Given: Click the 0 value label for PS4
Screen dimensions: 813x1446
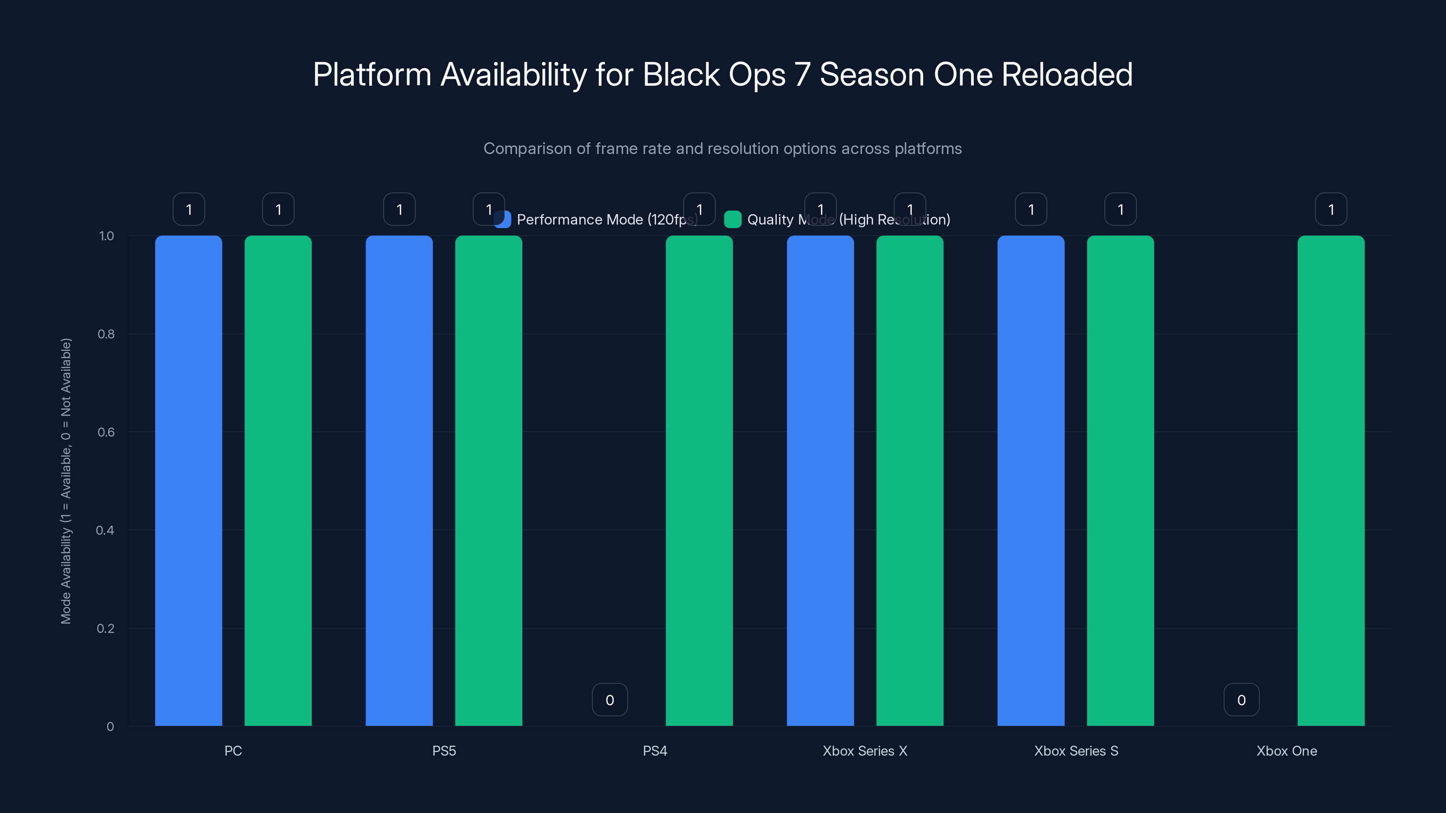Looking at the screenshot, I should [x=610, y=700].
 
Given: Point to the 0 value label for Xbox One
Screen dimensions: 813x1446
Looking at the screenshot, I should [x=1241, y=700].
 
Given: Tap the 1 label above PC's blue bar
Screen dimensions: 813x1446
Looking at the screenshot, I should [x=188, y=209].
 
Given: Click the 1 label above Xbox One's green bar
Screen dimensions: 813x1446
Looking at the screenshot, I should [x=1331, y=209].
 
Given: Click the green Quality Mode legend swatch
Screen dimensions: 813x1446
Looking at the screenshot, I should [x=732, y=220].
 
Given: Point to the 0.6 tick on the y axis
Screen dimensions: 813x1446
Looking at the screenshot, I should [x=106, y=432].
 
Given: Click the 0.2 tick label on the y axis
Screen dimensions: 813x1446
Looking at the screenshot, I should [x=106, y=628].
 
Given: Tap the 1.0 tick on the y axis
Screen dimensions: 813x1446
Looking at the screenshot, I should [x=106, y=236].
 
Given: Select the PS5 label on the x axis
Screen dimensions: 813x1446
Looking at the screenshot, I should [x=444, y=751].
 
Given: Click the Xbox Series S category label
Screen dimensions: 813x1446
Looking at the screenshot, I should [x=1076, y=751].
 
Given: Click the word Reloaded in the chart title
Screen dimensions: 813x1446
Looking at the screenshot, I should [x=1066, y=75].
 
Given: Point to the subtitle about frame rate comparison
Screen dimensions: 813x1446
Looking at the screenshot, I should [x=723, y=149].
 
